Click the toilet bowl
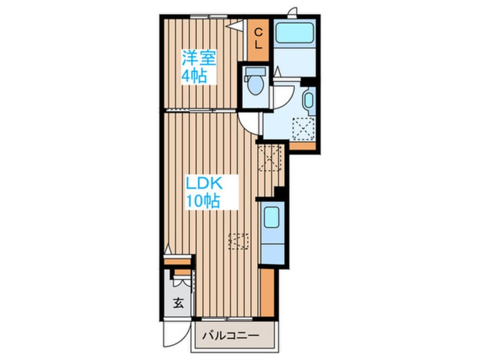255,86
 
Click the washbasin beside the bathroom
309,101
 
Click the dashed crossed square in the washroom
304,128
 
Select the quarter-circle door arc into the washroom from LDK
248,120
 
